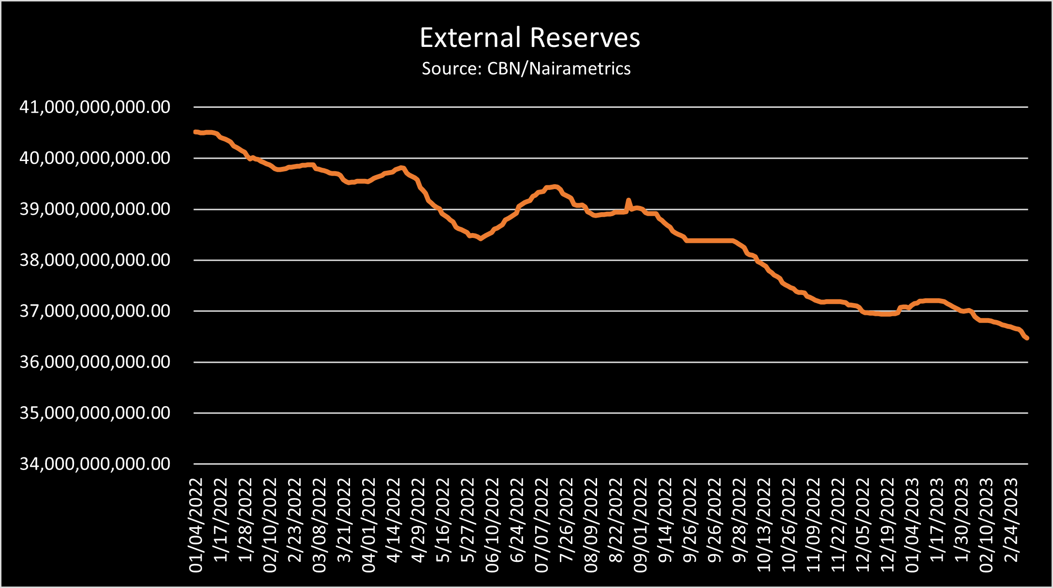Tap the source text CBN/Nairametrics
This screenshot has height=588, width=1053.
[558, 69]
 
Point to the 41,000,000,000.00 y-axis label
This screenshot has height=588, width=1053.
[95, 107]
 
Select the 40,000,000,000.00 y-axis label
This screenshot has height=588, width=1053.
[95, 158]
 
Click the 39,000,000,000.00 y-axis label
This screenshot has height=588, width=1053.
[95, 209]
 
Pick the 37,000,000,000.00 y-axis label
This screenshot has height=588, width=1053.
[95, 311]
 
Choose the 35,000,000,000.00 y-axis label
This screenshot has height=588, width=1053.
[95, 413]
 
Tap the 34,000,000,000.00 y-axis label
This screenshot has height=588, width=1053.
[95, 464]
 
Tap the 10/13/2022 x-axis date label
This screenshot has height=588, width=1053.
[764, 525]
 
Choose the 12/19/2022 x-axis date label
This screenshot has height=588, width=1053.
[887, 525]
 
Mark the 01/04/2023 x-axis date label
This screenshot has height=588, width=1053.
[912, 525]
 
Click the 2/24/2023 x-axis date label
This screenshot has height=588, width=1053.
[1011, 520]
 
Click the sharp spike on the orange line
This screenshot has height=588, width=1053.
[629, 200]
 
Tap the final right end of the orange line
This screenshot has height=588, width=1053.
[1027, 338]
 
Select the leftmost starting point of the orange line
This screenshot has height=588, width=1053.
[195, 132]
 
